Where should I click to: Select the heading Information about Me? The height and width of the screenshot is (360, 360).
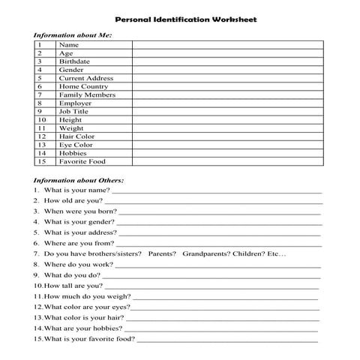(x=73, y=35)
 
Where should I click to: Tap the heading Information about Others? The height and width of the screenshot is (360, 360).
(x=79, y=180)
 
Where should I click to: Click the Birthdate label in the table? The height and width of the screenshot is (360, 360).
(x=74, y=61)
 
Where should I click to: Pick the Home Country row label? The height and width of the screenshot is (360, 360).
(x=83, y=86)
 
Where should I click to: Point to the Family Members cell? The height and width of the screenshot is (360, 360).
(x=87, y=95)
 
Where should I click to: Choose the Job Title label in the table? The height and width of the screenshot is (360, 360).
(x=73, y=112)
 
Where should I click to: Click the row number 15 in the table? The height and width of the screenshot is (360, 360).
(x=42, y=161)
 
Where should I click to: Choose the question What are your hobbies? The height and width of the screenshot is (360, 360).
(x=82, y=328)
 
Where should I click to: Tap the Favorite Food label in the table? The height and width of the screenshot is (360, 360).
(x=82, y=161)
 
